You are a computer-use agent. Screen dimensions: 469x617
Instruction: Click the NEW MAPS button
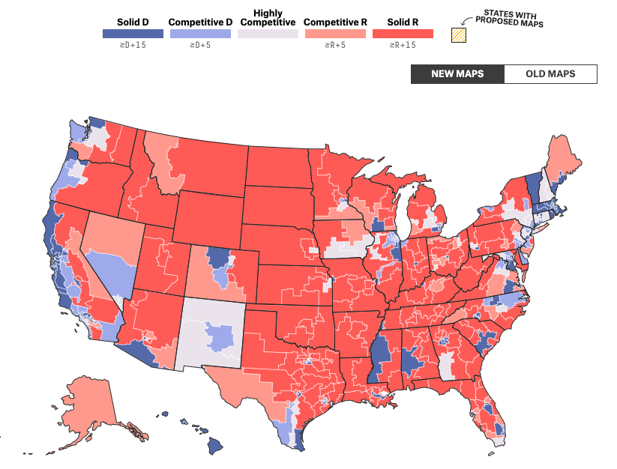457,74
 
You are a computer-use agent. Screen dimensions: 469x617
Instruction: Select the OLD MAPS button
550,74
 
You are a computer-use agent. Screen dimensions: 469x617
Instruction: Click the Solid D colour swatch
133,34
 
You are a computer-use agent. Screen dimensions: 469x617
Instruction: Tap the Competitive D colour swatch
199,34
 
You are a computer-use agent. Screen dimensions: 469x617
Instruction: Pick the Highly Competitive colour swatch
268,34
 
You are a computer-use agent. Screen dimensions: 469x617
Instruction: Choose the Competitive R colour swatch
335,34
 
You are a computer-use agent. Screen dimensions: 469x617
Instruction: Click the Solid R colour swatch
403,34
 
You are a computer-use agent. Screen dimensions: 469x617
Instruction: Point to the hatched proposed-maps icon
457,34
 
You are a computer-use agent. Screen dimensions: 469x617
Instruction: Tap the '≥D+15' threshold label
133,46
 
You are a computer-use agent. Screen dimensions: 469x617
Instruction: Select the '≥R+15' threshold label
403,46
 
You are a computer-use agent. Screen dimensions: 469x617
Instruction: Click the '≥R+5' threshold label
335,46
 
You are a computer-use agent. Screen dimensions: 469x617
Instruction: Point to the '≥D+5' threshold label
199,46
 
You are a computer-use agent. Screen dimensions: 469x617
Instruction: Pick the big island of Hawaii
214,446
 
